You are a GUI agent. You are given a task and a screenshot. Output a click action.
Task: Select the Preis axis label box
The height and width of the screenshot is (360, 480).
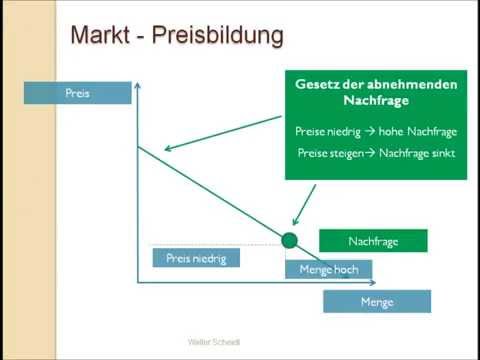tap(78, 93)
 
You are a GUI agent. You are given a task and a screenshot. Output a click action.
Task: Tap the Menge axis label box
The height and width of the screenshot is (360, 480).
tap(376, 301)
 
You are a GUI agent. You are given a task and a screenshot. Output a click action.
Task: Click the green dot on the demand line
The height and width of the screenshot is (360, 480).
tap(290, 240)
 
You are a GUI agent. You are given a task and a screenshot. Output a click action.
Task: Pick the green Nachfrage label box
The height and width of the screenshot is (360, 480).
tap(372, 241)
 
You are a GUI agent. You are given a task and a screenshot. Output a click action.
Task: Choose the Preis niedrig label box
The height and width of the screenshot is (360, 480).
tap(196, 258)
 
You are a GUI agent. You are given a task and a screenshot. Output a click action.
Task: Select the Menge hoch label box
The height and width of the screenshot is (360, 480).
tap(328, 268)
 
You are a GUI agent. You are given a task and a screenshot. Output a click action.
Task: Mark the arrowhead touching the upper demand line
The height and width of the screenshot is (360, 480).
tap(166, 150)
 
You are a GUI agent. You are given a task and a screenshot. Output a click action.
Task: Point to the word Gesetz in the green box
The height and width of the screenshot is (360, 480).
tap(316, 85)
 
